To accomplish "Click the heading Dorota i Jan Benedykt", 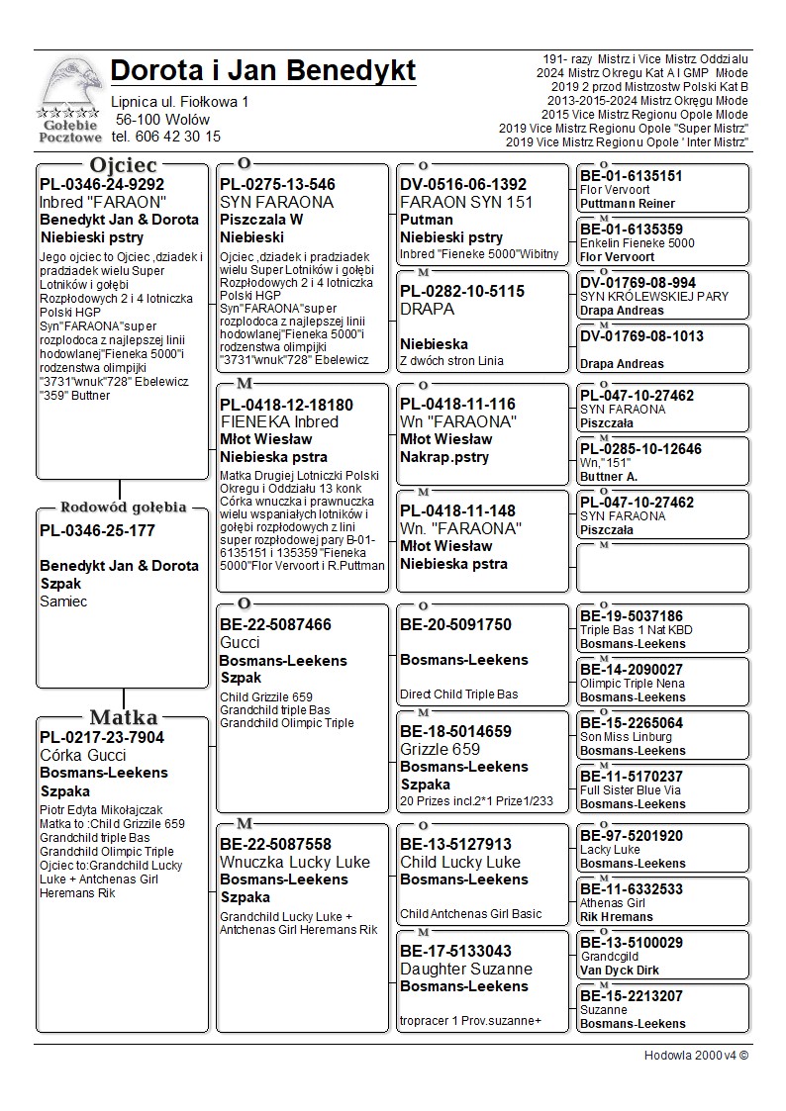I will (263, 71).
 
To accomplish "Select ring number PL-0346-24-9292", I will (102, 184).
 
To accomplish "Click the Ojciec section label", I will (123, 164).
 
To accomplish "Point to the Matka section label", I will (123, 717).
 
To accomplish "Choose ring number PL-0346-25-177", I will (97, 530).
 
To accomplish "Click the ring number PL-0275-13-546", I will (277, 184).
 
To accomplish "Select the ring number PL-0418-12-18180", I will (286, 405).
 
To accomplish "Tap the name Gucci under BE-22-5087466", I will (240, 643).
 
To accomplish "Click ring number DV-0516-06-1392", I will (463, 184).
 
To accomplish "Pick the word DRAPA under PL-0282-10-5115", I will (428, 309).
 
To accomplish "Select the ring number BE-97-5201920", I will (632, 836).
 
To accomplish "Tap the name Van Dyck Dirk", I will (620, 971).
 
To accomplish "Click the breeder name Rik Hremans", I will (617, 917).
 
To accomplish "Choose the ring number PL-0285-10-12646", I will (640, 449).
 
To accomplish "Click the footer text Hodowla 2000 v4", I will (696, 1055).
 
